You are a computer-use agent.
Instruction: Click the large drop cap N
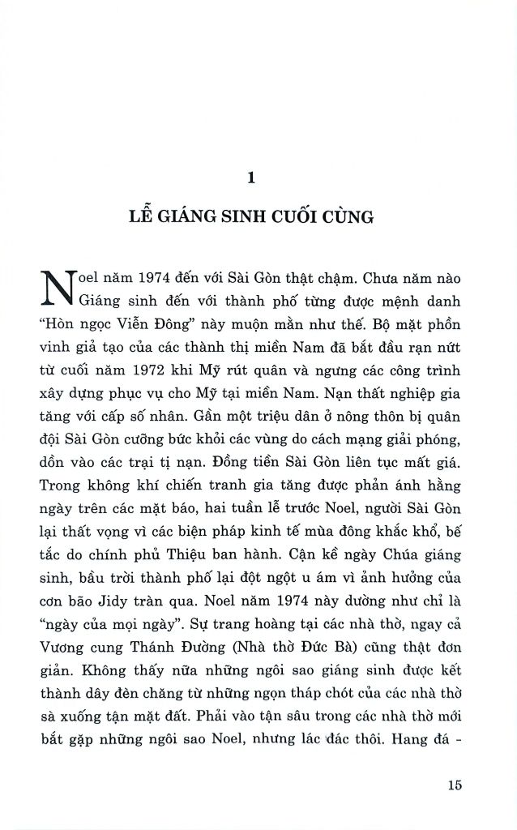pyautogui.click(x=56, y=290)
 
